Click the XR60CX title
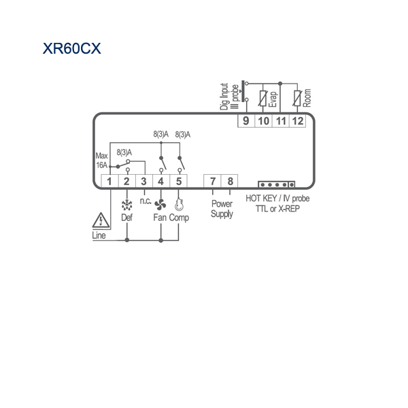(x=72, y=48)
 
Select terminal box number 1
(x=109, y=181)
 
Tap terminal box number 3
(x=144, y=181)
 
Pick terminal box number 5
(x=178, y=181)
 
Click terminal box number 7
(x=212, y=181)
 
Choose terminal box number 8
(x=230, y=181)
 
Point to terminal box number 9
(x=246, y=121)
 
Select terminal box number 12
(x=297, y=121)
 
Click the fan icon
(x=160, y=205)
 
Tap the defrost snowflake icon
(x=127, y=205)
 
